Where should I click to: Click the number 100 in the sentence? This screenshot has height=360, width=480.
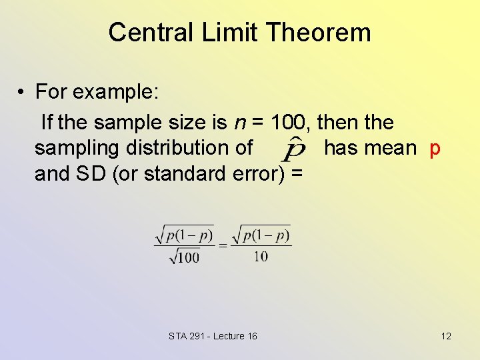point(289,123)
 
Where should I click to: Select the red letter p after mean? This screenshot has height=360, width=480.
point(435,148)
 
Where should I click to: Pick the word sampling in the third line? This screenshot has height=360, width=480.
point(77,148)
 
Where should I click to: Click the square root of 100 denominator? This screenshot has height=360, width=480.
point(184,256)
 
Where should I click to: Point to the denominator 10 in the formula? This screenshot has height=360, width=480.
point(261,256)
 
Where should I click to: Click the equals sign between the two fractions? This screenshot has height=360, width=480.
point(223,245)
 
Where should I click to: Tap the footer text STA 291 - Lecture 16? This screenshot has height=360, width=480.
point(213,336)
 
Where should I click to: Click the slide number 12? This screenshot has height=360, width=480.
point(446,336)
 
